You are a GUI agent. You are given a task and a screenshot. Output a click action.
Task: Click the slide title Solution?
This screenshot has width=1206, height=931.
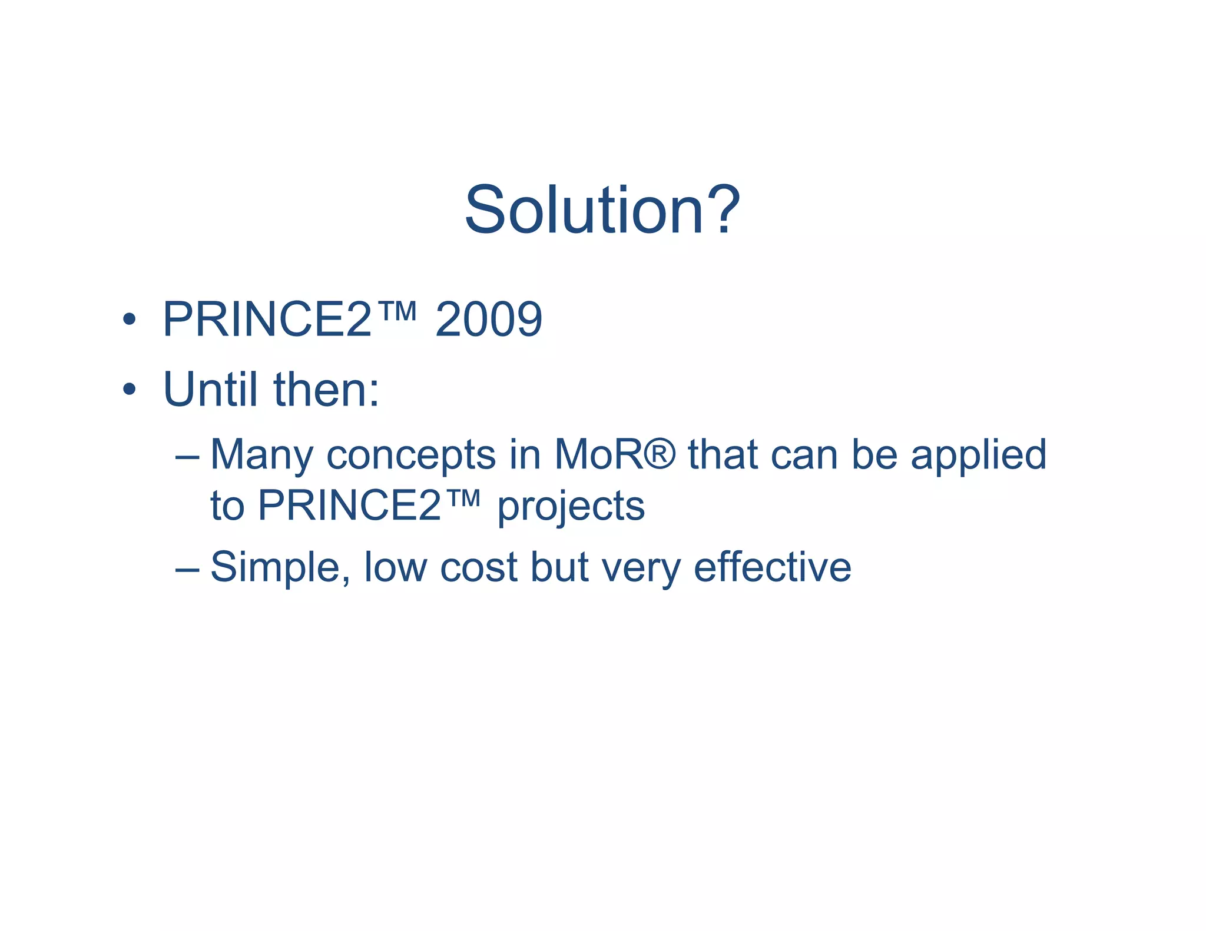[602, 210]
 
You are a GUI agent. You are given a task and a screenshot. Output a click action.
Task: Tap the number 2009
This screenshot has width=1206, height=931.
[488, 320]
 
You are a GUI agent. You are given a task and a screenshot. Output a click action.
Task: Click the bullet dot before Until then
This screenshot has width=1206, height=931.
[130, 389]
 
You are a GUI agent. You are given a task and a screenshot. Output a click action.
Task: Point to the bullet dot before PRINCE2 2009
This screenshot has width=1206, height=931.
[130, 320]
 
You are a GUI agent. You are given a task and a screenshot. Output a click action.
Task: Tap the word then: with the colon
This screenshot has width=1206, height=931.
[327, 389]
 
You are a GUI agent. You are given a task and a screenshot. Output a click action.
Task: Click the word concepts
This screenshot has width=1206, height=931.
[411, 455]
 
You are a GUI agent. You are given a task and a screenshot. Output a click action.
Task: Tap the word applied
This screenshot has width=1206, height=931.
[978, 455]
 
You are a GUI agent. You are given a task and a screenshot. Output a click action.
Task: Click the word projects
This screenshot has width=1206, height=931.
[571, 507]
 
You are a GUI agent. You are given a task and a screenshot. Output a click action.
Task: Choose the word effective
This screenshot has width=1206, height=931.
[772, 567]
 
